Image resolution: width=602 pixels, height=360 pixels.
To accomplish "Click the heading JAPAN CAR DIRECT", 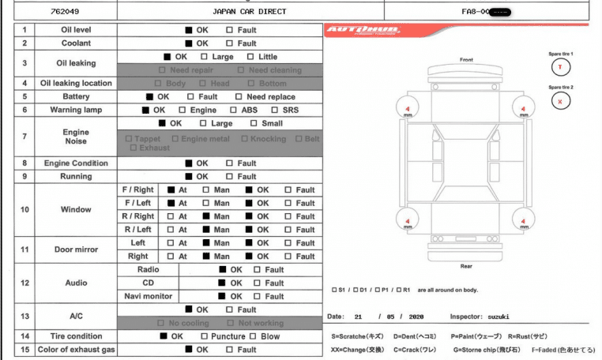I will point(250,12).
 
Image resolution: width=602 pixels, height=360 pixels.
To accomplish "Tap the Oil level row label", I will point(77,30).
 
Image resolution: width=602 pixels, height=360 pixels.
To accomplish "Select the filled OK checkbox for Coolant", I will point(189,43).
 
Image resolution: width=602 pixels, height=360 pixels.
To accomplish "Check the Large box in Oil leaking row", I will point(205,57).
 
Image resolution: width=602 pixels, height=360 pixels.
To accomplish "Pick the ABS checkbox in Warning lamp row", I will point(235,111).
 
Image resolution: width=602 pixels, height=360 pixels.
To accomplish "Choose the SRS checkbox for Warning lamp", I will point(276,111).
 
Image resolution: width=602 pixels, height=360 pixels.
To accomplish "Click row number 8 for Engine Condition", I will point(24,163).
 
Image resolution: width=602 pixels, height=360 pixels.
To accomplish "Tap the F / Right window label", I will point(137,190).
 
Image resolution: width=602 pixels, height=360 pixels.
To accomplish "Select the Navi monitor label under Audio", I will point(149,297).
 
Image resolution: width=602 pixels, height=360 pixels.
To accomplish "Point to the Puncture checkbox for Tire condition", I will point(205,336).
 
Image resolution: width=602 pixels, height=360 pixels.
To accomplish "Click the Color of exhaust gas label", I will point(76,350).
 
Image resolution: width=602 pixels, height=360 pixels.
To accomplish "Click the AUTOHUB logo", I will point(363,31).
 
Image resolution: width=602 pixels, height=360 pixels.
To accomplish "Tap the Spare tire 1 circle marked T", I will point(561,66).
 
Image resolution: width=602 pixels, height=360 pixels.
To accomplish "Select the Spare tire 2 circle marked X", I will point(561,100).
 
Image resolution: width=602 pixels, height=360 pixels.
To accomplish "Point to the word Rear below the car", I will point(466,266).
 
